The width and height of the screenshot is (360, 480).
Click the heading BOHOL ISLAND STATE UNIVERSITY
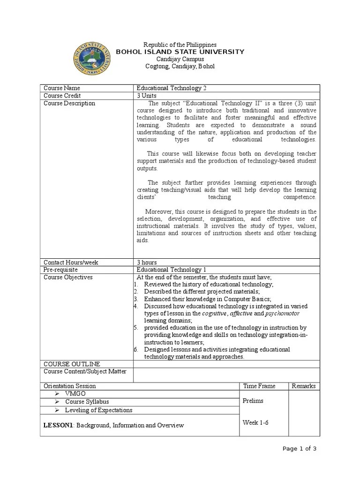click(180, 52)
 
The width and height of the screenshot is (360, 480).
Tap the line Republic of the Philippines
click(180, 45)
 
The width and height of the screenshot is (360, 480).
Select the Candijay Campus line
click(180, 59)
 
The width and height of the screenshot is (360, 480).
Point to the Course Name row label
click(62, 88)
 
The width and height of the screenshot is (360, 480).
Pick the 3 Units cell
click(147, 96)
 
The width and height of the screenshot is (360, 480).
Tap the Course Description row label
click(69, 103)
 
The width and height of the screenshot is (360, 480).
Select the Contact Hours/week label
click(71, 262)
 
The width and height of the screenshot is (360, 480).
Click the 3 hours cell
click(147, 262)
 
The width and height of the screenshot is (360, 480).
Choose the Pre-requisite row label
click(61, 270)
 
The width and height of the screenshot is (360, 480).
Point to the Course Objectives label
click(68, 277)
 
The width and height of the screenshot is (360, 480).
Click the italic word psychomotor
click(282, 313)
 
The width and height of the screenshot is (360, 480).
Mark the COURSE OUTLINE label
click(72, 364)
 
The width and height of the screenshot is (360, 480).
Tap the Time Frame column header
click(259, 386)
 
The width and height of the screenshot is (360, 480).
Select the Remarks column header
click(304, 386)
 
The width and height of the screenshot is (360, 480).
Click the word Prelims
click(253, 401)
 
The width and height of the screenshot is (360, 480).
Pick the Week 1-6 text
click(255, 422)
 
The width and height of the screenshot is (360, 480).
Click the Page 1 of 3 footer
click(300, 449)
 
